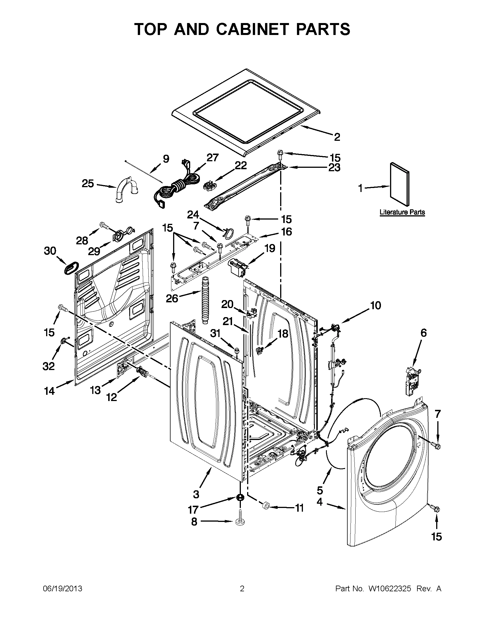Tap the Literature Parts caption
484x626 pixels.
402,212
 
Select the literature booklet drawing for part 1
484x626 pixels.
400,184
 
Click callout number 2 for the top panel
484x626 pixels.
337,137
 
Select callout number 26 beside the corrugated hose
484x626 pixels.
172,299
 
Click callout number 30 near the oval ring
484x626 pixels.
50,251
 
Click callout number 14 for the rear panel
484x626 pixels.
49,391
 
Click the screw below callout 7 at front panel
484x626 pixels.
436,453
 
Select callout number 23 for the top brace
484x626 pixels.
334,167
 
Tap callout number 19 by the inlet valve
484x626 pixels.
270,248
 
